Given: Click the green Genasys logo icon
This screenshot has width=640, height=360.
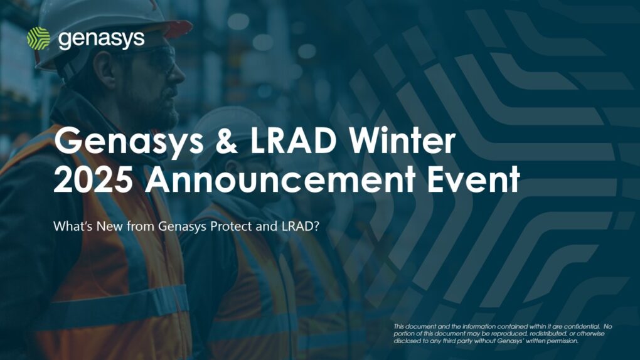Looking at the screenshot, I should [38, 38].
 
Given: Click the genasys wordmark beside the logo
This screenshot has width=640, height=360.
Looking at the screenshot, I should [101, 39].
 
